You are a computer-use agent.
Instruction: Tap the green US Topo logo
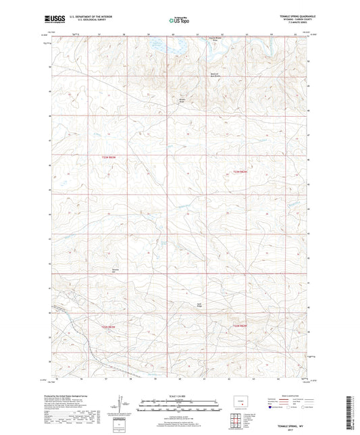click(x=180, y=21)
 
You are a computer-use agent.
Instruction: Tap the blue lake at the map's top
click(x=165, y=47)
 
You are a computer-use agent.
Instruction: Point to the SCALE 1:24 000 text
click(x=180, y=396)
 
